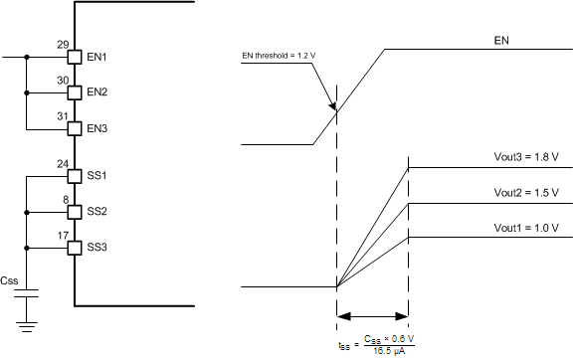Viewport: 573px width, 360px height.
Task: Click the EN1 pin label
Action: tap(97, 58)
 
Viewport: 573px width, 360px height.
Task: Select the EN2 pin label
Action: tap(97, 92)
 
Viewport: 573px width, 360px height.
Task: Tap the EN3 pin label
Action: tap(97, 128)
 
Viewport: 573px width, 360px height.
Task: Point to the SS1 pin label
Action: tap(97, 176)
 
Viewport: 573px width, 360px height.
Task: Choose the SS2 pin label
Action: tap(97, 212)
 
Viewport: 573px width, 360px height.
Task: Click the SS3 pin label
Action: tap(97, 247)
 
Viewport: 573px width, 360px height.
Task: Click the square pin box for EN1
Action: tap(74, 58)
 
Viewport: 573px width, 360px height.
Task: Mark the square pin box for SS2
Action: tap(74, 212)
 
